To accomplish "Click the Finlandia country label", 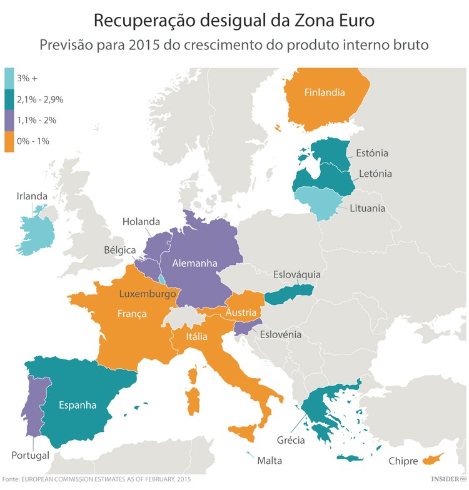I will [325, 93].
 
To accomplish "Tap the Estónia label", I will [372, 153].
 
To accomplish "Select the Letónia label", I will [375, 173].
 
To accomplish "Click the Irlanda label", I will [32, 196].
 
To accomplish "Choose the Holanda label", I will [141, 221].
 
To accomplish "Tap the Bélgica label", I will [120, 249].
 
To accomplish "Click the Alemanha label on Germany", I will [194, 263].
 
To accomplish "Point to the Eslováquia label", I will [297, 274].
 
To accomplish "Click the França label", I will [132, 314].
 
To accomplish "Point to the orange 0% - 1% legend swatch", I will [9, 141].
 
